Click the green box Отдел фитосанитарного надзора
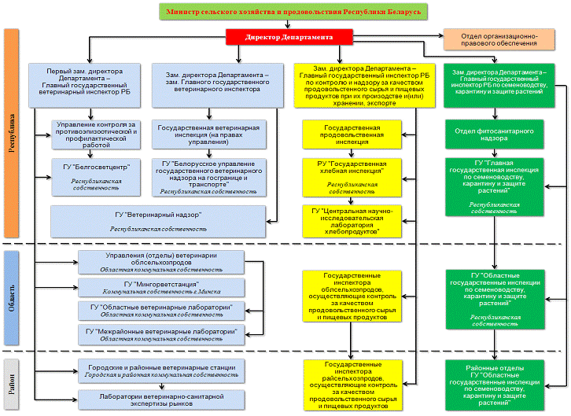pos(493,134)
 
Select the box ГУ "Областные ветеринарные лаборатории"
pos(160,310)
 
